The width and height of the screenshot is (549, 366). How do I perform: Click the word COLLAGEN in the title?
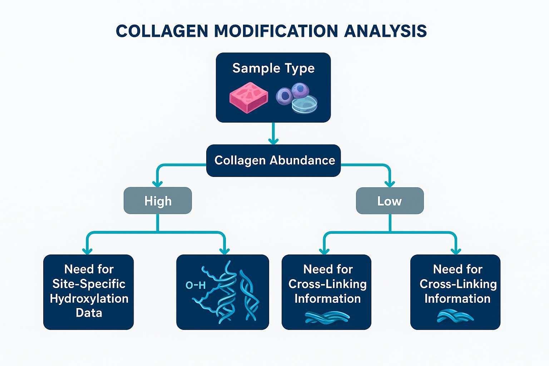point(162,31)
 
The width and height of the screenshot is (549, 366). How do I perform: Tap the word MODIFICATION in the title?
point(276,31)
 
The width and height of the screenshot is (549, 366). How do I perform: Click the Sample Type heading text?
point(273,68)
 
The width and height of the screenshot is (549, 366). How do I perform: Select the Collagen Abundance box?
point(273,160)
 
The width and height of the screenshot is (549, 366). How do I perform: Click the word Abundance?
point(302,160)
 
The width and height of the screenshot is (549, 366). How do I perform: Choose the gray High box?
point(158,201)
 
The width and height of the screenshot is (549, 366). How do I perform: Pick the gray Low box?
point(390,201)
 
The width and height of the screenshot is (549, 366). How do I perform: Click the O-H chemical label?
point(196,285)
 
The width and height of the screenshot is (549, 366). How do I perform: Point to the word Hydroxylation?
point(89,298)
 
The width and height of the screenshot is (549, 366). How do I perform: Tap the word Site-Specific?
point(89,284)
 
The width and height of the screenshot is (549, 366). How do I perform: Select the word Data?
point(89,313)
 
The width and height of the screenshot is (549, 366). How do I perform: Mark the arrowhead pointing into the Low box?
point(390,183)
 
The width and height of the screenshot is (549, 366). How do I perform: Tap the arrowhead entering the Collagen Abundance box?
point(273,140)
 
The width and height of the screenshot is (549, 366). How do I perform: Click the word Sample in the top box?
point(251,68)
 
